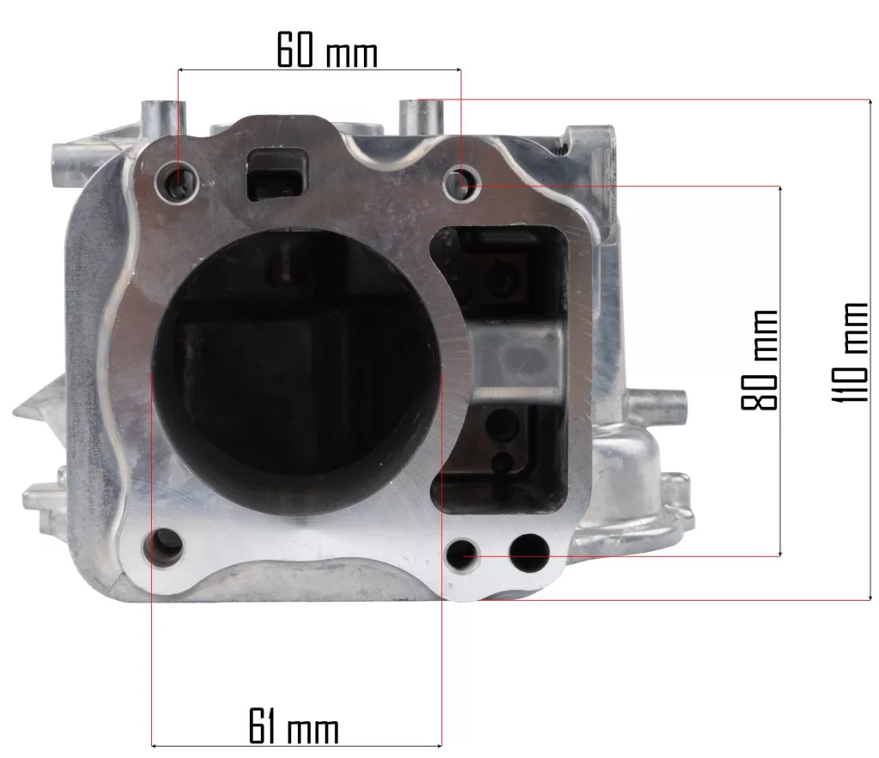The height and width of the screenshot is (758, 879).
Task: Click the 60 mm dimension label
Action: point(327,50)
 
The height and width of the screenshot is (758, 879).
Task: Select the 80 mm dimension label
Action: point(760,360)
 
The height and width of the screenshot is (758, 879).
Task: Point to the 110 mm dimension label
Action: point(850,352)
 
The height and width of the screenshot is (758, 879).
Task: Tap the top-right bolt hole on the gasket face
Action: point(461,184)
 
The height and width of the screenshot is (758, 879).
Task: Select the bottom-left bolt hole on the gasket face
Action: point(164,546)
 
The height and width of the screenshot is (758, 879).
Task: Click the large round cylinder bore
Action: point(296,373)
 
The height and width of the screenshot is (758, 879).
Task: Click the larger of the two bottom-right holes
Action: point(529,553)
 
